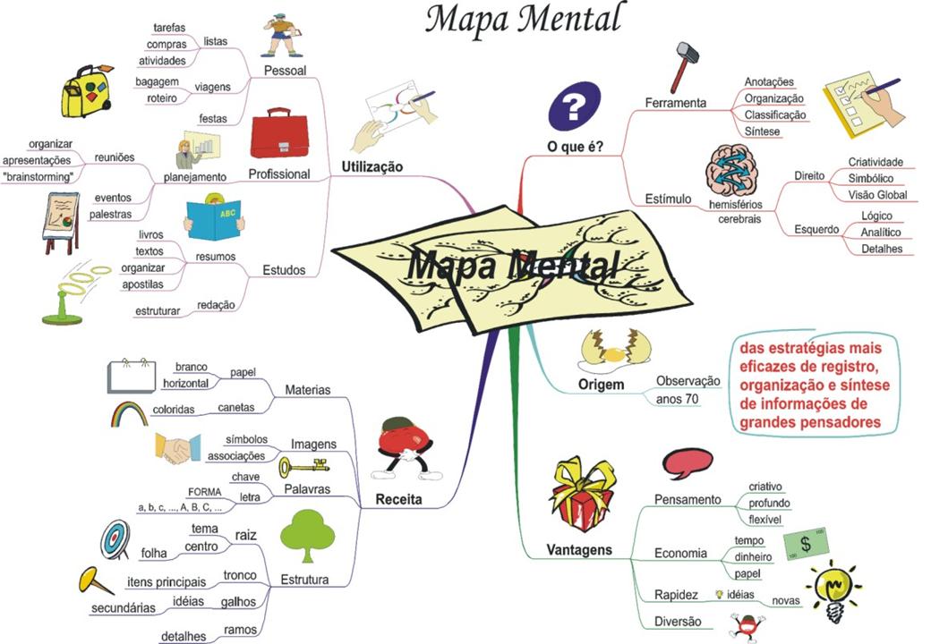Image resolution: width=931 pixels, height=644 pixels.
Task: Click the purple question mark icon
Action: (574, 106)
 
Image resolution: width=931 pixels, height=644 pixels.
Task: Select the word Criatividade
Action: (875, 162)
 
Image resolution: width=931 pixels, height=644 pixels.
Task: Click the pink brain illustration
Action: (733, 169)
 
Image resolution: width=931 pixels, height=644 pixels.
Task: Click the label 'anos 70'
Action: (678, 399)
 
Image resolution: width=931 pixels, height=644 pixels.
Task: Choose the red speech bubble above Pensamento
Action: (688, 462)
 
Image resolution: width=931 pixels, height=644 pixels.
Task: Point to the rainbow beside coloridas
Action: (132, 413)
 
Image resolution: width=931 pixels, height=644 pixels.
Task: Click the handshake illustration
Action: (176, 448)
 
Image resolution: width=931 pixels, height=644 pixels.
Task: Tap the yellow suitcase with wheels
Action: (86, 91)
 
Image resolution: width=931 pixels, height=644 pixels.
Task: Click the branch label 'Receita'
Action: (398, 500)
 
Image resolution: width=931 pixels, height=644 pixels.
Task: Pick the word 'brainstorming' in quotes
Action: (38, 177)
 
